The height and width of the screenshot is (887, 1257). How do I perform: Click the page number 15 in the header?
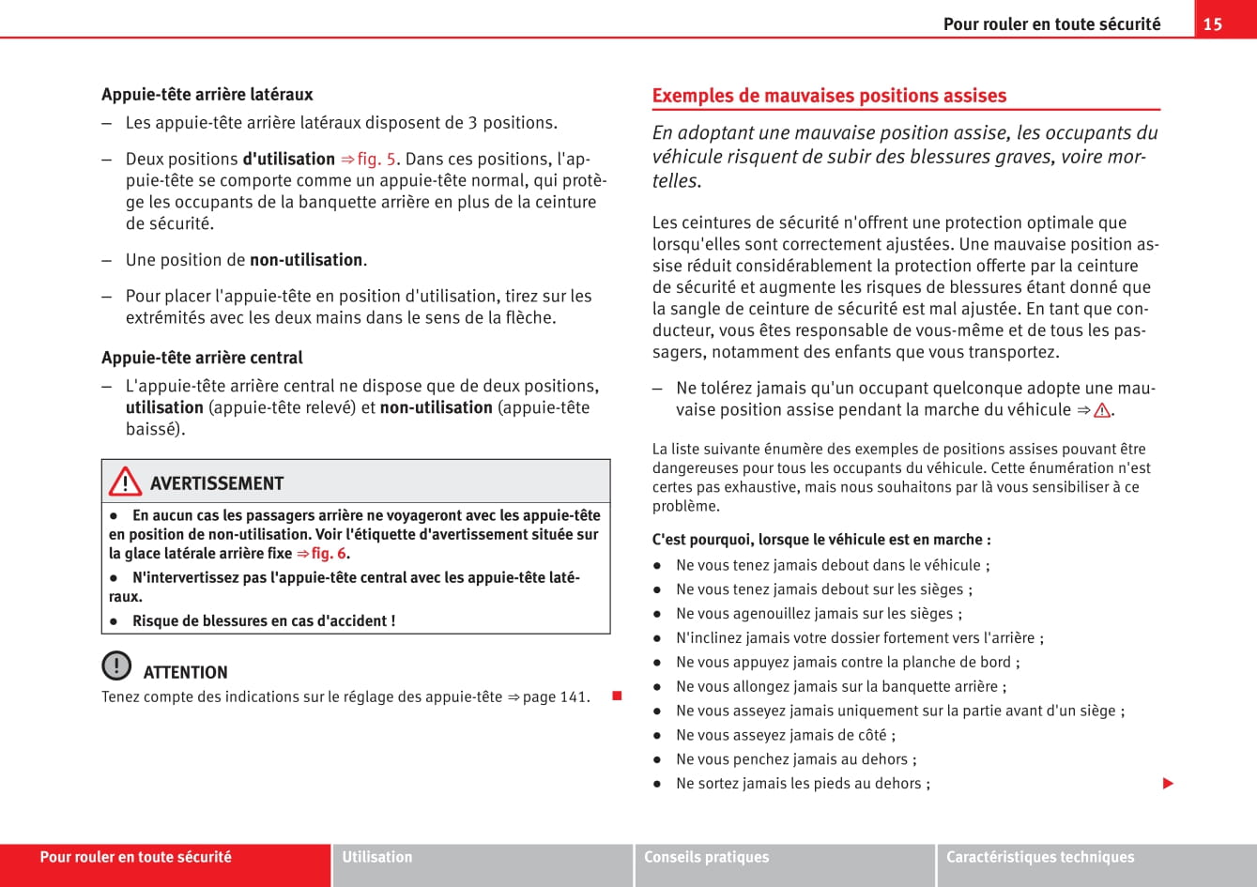[x=1213, y=24]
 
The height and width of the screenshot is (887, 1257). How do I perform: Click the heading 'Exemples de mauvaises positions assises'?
[x=829, y=96]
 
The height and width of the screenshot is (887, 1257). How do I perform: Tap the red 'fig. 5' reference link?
[x=376, y=160]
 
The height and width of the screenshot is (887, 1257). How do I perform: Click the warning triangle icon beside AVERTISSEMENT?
[x=125, y=482]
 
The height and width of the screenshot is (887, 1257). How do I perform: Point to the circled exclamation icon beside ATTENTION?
[x=116, y=665]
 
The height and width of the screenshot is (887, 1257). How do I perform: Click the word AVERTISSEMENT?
[x=217, y=483]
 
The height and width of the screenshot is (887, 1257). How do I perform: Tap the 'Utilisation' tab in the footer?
[x=377, y=857]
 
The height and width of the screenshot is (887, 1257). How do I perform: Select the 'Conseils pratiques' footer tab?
[x=706, y=857]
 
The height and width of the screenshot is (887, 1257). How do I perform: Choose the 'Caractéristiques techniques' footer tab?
[x=1040, y=857]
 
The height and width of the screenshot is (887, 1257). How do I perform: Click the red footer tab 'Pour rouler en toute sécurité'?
[x=136, y=857]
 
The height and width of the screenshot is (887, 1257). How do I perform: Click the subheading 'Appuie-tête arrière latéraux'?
[x=207, y=95]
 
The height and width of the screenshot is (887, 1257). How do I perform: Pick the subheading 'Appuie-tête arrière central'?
[x=202, y=358]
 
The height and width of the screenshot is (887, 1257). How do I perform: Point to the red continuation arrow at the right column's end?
[x=1168, y=783]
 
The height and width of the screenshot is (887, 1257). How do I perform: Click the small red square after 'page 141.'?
[x=617, y=696]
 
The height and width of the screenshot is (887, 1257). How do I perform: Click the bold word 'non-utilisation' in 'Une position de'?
[x=306, y=260]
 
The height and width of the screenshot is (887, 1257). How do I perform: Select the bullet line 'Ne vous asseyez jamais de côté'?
[x=786, y=735]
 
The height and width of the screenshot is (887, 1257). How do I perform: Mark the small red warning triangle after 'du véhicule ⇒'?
[x=1101, y=410]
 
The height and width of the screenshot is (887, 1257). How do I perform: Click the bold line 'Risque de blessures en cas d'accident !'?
[x=264, y=621]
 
